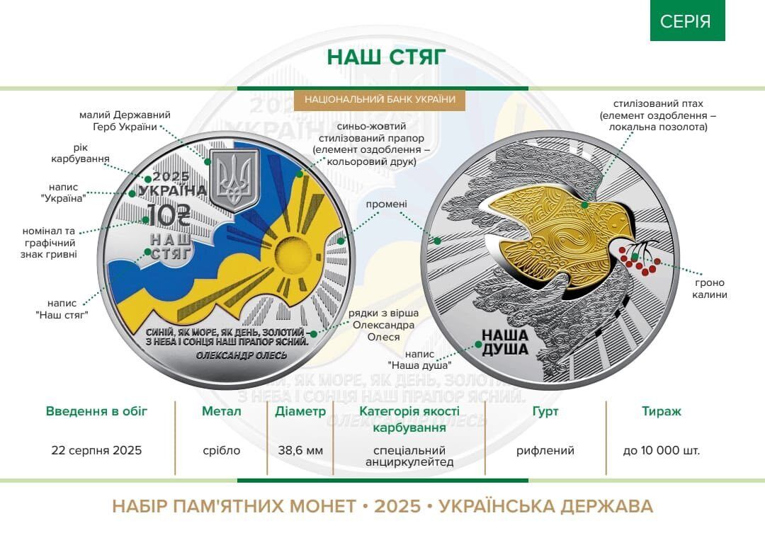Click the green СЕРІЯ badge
pos(686,21)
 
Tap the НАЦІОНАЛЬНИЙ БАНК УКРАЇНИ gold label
pos(380,100)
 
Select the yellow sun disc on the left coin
pos(288,252)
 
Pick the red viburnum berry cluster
pos(640,263)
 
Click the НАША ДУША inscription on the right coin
pos(505,342)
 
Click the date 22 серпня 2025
pos(96,450)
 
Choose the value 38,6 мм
pos(300,450)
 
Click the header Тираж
pos(661,411)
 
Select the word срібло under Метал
pos(221,450)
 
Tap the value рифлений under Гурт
pos(545,450)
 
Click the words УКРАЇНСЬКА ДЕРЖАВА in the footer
pos(546,506)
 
